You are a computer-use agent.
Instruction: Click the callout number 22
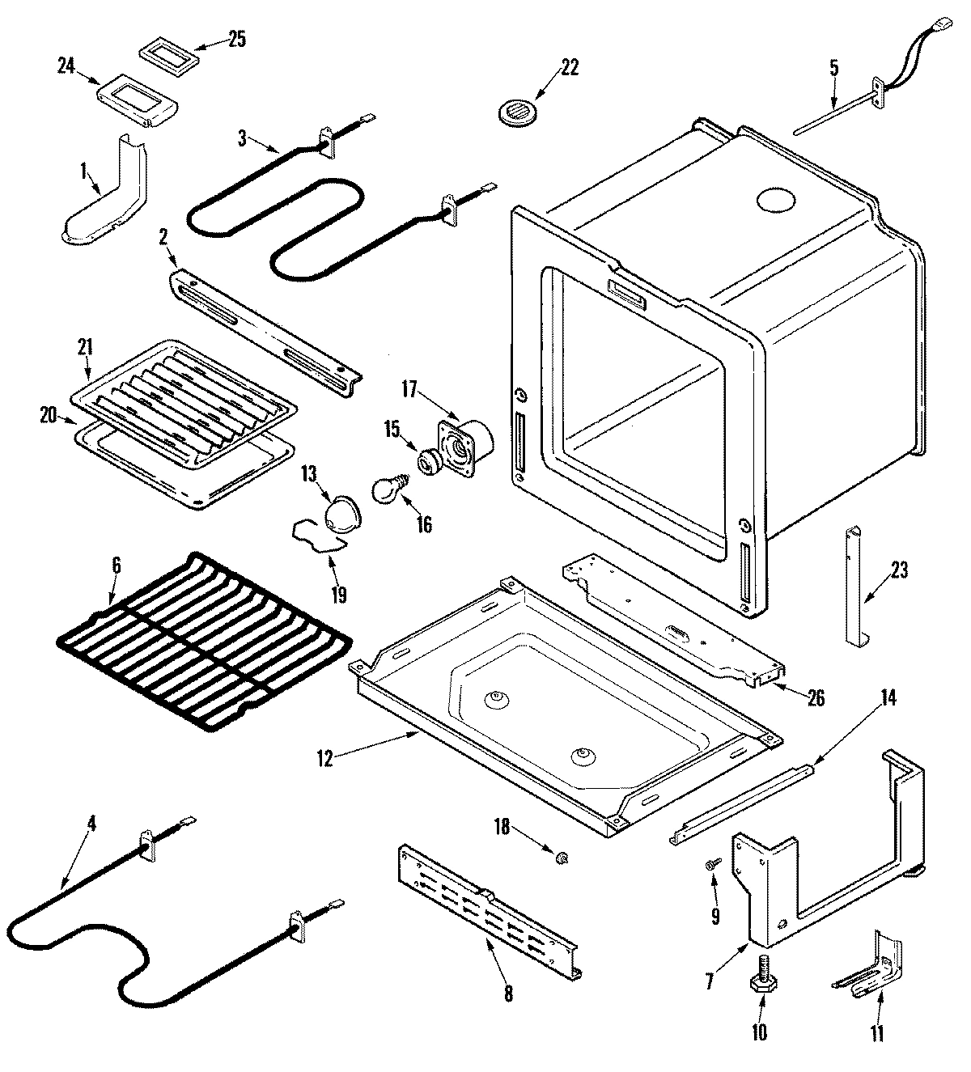pos(570,68)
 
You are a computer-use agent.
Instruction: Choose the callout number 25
pos(237,39)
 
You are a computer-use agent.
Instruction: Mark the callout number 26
pos(815,697)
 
